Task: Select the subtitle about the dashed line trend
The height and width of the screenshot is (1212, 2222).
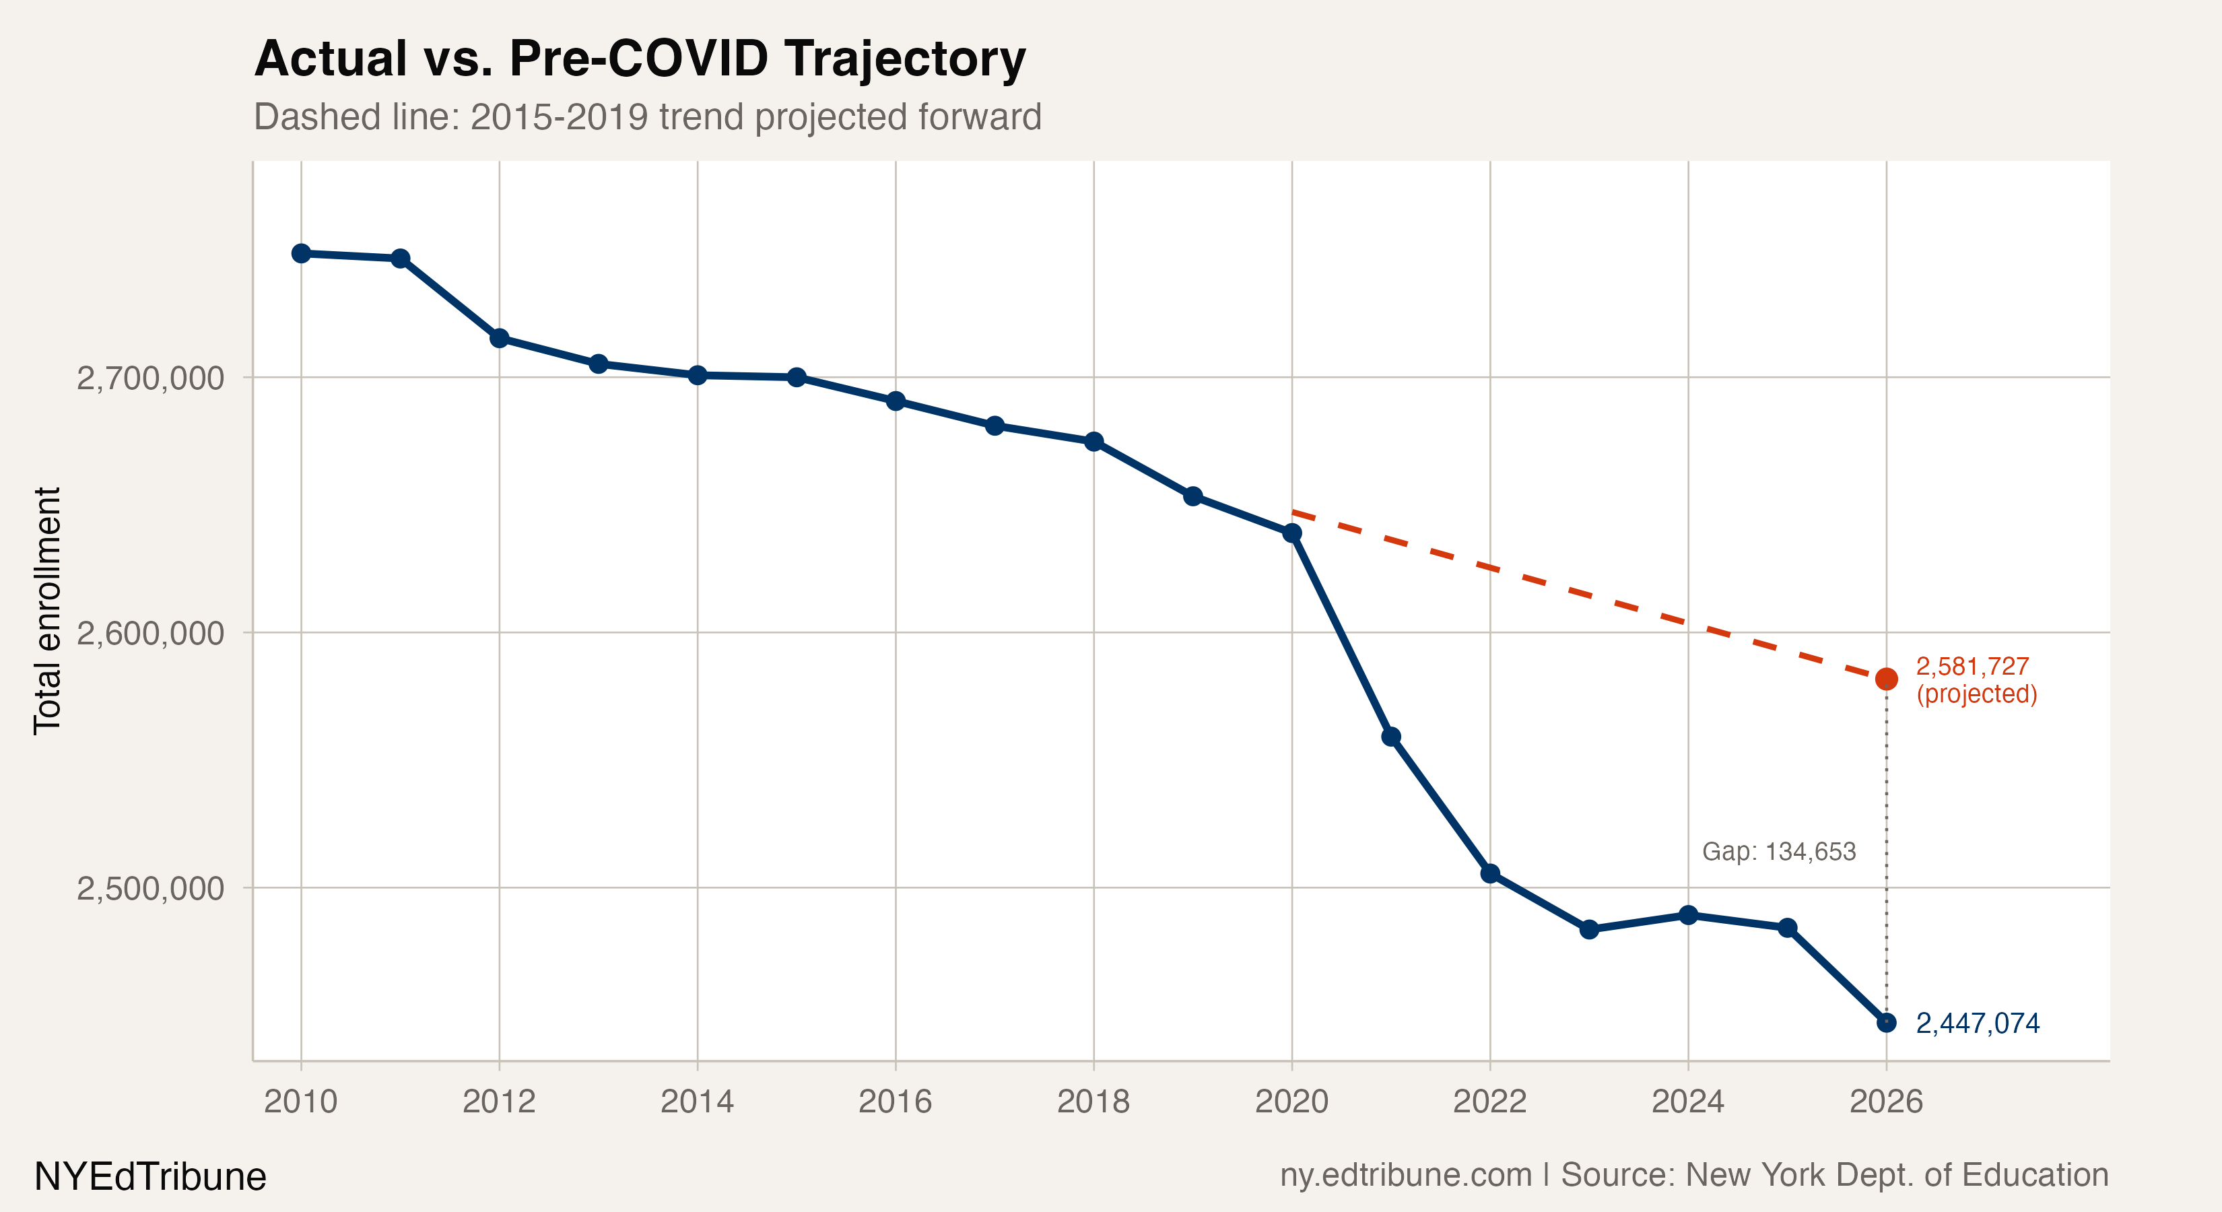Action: coord(647,116)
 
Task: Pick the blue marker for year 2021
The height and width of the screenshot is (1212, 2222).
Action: coord(1390,737)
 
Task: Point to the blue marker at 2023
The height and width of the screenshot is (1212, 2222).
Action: coord(1589,929)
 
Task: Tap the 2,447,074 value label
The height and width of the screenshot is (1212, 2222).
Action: coord(1977,1023)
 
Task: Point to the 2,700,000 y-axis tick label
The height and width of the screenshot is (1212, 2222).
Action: coord(150,378)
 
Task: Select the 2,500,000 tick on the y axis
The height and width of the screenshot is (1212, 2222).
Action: coord(150,887)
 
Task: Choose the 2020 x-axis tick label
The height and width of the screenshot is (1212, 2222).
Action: coord(1291,1102)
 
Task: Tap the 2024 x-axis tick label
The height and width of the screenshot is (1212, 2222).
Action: coord(1687,1102)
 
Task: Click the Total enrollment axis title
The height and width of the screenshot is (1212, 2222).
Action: coord(47,611)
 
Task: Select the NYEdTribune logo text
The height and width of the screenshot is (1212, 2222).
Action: coord(150,1176)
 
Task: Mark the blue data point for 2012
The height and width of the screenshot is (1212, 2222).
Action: coord(500,338)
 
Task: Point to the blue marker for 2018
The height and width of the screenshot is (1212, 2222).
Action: coord(1093,442)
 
